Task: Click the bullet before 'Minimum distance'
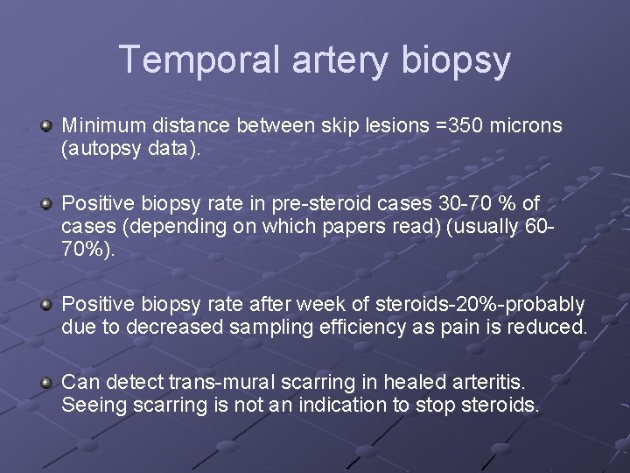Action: [46, 126]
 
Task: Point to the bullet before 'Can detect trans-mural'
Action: [46, 382]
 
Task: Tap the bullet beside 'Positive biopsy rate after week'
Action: [46, 305]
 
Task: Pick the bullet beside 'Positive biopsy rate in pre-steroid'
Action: [46, 204]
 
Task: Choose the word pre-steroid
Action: [332, 205]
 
